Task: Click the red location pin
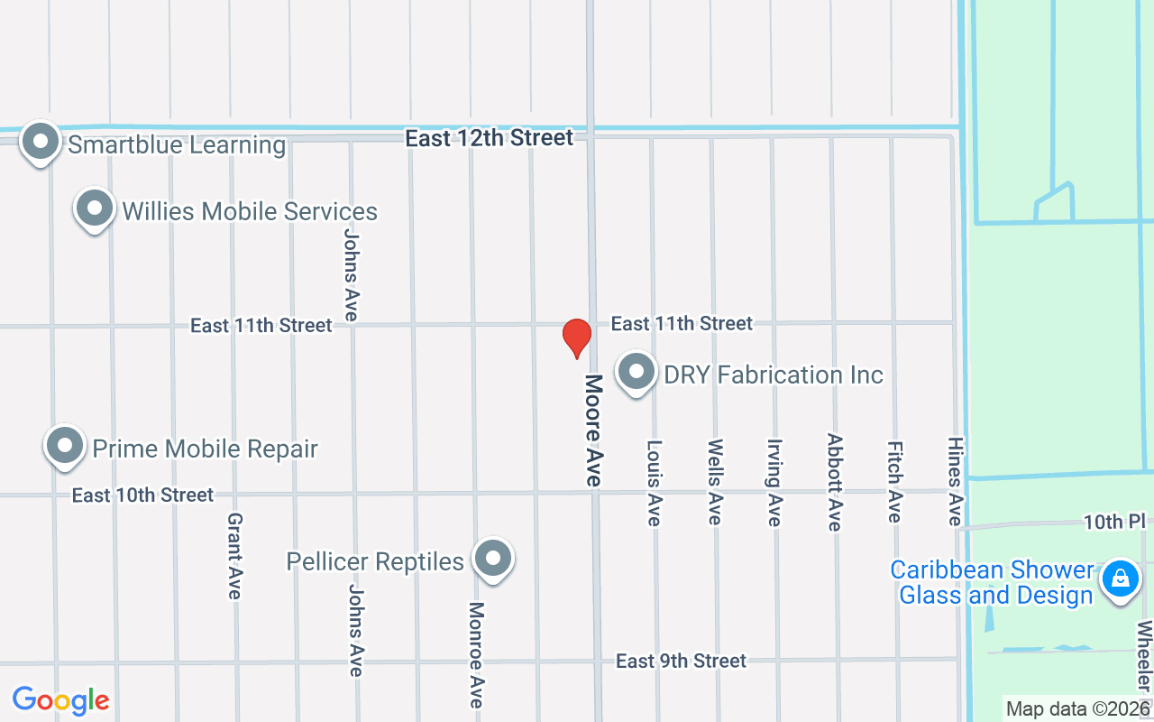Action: click(x=576, y=338)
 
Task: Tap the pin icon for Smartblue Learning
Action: click(x=41, y=143)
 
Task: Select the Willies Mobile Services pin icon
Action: click(x=95, y=209)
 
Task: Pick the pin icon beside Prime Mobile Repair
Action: click(x=65, y=446)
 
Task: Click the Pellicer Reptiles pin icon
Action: click(x=492, y=560)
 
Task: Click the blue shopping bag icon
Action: click(x=1120, y=577)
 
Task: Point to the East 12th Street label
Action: click(x=489, y=138)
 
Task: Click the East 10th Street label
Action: click(x=142, y=495)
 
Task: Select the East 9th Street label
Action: click(x=681, y=662)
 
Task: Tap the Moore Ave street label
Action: click(x=592, y=430)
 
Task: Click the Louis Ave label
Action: click(x=655, y=482)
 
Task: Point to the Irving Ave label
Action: click(x=774, y=482)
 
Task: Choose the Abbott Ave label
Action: click(x=835, y=482)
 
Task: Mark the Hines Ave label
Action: click(x=955, y=481)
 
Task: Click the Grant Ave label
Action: click(x=234, y=555)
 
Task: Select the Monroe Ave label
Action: click(x=476, y=654)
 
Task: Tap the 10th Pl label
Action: click(x=1113, y=522)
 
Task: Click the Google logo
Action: click(x=60, y=700)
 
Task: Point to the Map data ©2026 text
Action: click(x=1077, y=709)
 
